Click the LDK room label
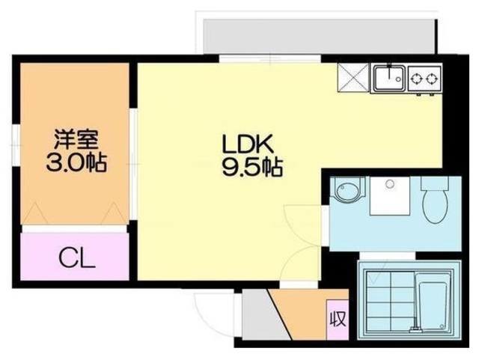[239, 143]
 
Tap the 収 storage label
[337, 320]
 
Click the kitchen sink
[389, 76]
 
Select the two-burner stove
[424, 77]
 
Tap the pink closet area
[75, 257]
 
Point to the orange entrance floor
[299, 311]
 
